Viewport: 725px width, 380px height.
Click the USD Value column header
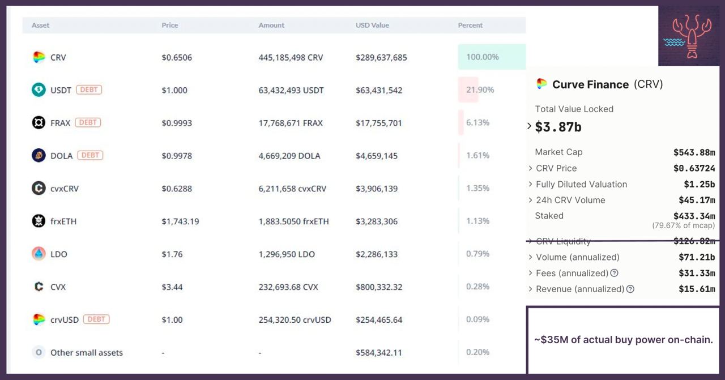click(372, 25)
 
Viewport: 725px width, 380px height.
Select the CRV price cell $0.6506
click(177, 57)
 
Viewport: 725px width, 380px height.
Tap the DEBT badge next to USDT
click(89, 89)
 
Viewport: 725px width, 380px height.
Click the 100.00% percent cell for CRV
click(483, 57)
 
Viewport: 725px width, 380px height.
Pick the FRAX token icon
click(39, 122)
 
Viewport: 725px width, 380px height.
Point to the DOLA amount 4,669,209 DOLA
click(289, 156)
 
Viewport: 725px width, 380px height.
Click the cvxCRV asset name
click(65, 189)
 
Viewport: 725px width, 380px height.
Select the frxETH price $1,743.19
click(180, 221)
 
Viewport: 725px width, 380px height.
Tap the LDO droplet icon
click(39, 254)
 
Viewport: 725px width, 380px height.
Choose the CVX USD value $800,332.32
click(379, 287)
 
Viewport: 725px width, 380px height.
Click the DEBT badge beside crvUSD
click(96, 319)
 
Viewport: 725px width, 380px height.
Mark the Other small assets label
click(87, 352)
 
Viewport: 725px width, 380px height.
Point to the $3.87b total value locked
click(558, 127)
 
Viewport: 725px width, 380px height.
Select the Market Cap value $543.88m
click(694, 152)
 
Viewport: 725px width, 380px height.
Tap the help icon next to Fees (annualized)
click(614, 273)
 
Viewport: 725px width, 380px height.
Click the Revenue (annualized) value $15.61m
click(697, 289)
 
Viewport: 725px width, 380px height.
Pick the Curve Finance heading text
click(590, 84)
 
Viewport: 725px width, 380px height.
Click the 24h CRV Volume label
click(570, 200)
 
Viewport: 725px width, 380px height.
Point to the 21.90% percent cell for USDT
click(480, 89)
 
